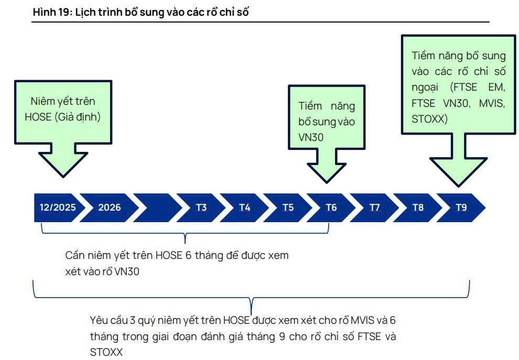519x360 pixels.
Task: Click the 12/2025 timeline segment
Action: pyautogui.click(x=57, y=208)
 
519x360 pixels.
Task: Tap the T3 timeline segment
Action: pyautogui.click(x=201, y=208)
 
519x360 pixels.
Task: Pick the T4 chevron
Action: pyautogui.click(x=245, y=208)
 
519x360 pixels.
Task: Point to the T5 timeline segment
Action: pyautogui.click(x=288, y=208)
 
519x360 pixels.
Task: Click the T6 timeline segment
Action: pyautogui.click(x=331, y=208)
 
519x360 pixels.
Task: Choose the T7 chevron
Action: pyautogui.click(x=374, y=208)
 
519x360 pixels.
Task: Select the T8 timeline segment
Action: pyautogui.click(x=418, y=208)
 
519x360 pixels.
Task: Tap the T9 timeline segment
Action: pyautogui.click(x=461, y=208)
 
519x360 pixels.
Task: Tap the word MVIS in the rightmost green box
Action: pyautogui.click(x=492, y=103)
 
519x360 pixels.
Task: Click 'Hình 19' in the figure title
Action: pyautogui.click(x=51, y=12)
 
